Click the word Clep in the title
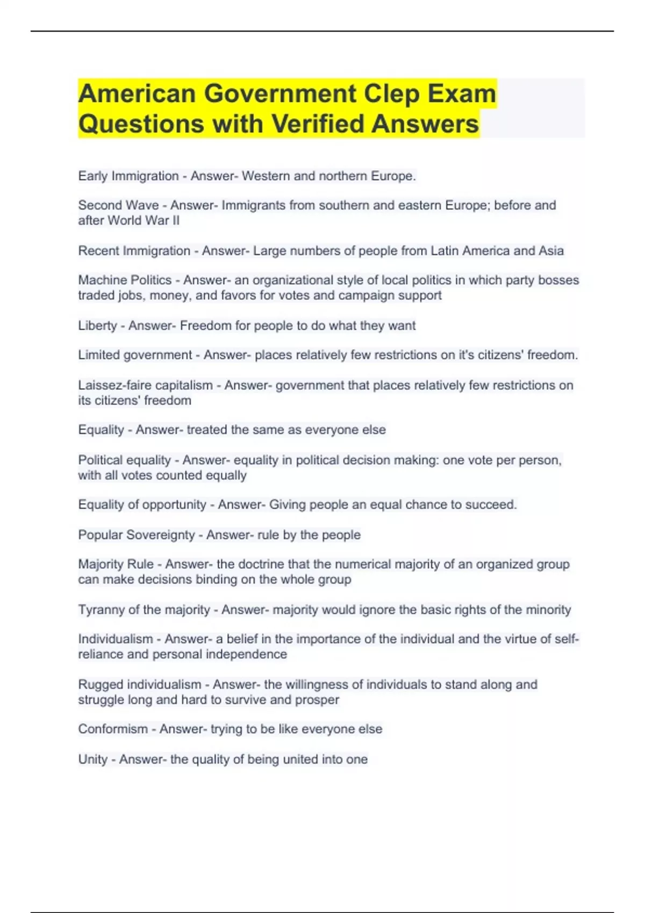pyautogui.click(x=392, y=93)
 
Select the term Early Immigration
pyautogui.click(x=128, y=176)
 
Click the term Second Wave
pyautogui.click(x=118, y=205)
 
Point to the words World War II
pyautogui.click(x=144, y=220)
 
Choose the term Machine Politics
pyautogui.click(x=125, y=280)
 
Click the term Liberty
pyautogui.click(x=97, y=325)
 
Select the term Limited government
pyautogui.click(x=135, y=355)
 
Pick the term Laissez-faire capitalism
pyautogui.click(x=145, y=385)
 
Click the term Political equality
pyautogui.click(x=124, y=460)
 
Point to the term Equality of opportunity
pyautogui.click(x=142, y=505)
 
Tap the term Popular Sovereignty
pyautogui.click(x=136, y=535)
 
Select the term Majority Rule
pyautogui.click(x=116, y=564)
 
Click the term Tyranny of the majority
pyautogui.click(x=144, y=610)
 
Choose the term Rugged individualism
pyautogui.click(x=140, y=685)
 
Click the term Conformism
pyautogui.click(x=113, y=729)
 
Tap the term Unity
pyautogui.click(x=92, y=759)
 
